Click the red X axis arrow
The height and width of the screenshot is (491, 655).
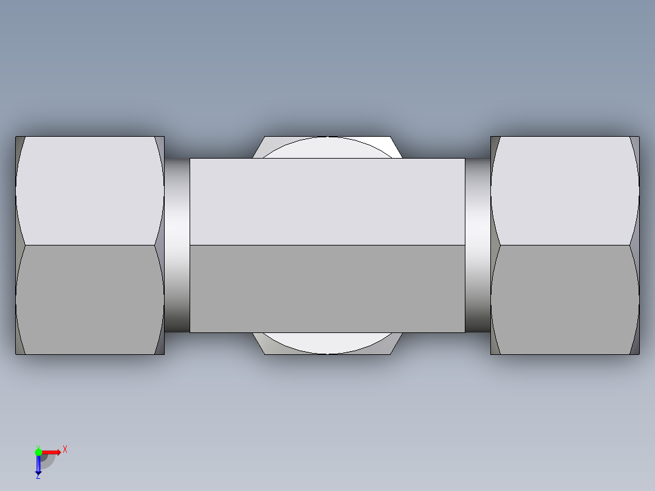click(x=52, y=452)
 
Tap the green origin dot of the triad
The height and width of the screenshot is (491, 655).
click(x=38, y=452)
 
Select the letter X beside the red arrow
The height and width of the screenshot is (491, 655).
click(x=64, y=450)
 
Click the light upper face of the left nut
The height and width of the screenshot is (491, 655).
click(x=90, y=190)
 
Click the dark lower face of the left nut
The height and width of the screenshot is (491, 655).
click(x=90, y=299)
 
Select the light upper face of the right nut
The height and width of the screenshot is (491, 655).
click(x=565, y=190)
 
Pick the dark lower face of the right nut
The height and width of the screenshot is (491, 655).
click(x=565, y=299)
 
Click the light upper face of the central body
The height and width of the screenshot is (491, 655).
click(x=327, y=202)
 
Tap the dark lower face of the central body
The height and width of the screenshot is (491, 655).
click(x=327, y=289)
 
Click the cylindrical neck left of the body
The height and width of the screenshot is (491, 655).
click(x=177, y=245)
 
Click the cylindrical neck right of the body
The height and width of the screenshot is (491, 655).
click(x=478, y=245)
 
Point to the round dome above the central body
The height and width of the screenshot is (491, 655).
click(x=327, y=148)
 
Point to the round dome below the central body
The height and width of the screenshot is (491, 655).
click(x=327, y=343)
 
